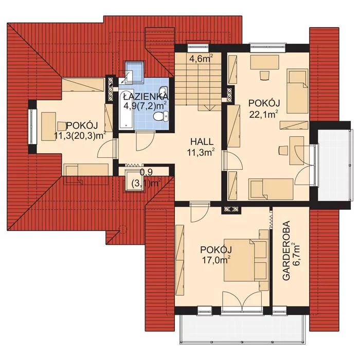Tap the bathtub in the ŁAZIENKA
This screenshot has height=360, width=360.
click(126, 110)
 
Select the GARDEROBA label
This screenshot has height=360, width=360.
click(286, 251)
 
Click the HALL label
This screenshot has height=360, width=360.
click(202, 141)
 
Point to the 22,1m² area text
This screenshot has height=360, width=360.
click(264, 114)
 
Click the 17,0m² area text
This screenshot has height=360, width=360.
click(217, 260)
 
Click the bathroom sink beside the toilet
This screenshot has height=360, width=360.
click(164, 91)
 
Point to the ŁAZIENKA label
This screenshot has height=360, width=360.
click(146, 97)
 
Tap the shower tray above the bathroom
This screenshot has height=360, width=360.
click(134, 71)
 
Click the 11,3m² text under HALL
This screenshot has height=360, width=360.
click(201, 152)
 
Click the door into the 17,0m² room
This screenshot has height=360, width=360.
click(200, 212)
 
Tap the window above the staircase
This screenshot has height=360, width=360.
click(198, 48)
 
